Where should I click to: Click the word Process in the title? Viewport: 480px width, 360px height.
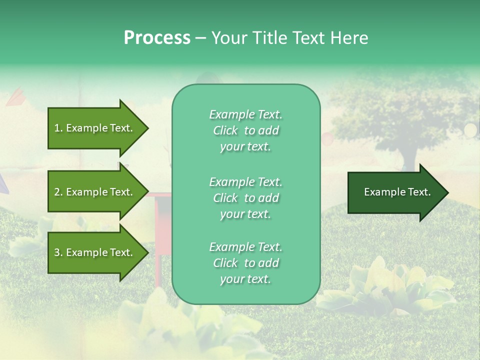tap(157, 37)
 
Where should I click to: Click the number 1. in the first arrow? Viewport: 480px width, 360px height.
tap(58, 128)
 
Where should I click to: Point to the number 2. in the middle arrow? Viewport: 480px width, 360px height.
tap(58, 192)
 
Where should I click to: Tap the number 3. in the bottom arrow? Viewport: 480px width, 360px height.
tap(58, 252)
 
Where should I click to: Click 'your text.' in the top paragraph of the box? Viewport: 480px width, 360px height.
tap(245, 146)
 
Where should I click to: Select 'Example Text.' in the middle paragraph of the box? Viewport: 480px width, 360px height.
tap(245, 182)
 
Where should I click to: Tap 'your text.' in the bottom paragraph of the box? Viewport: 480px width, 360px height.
tap(245, 279)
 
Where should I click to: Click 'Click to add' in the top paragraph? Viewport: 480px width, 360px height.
tap(245, 130)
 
